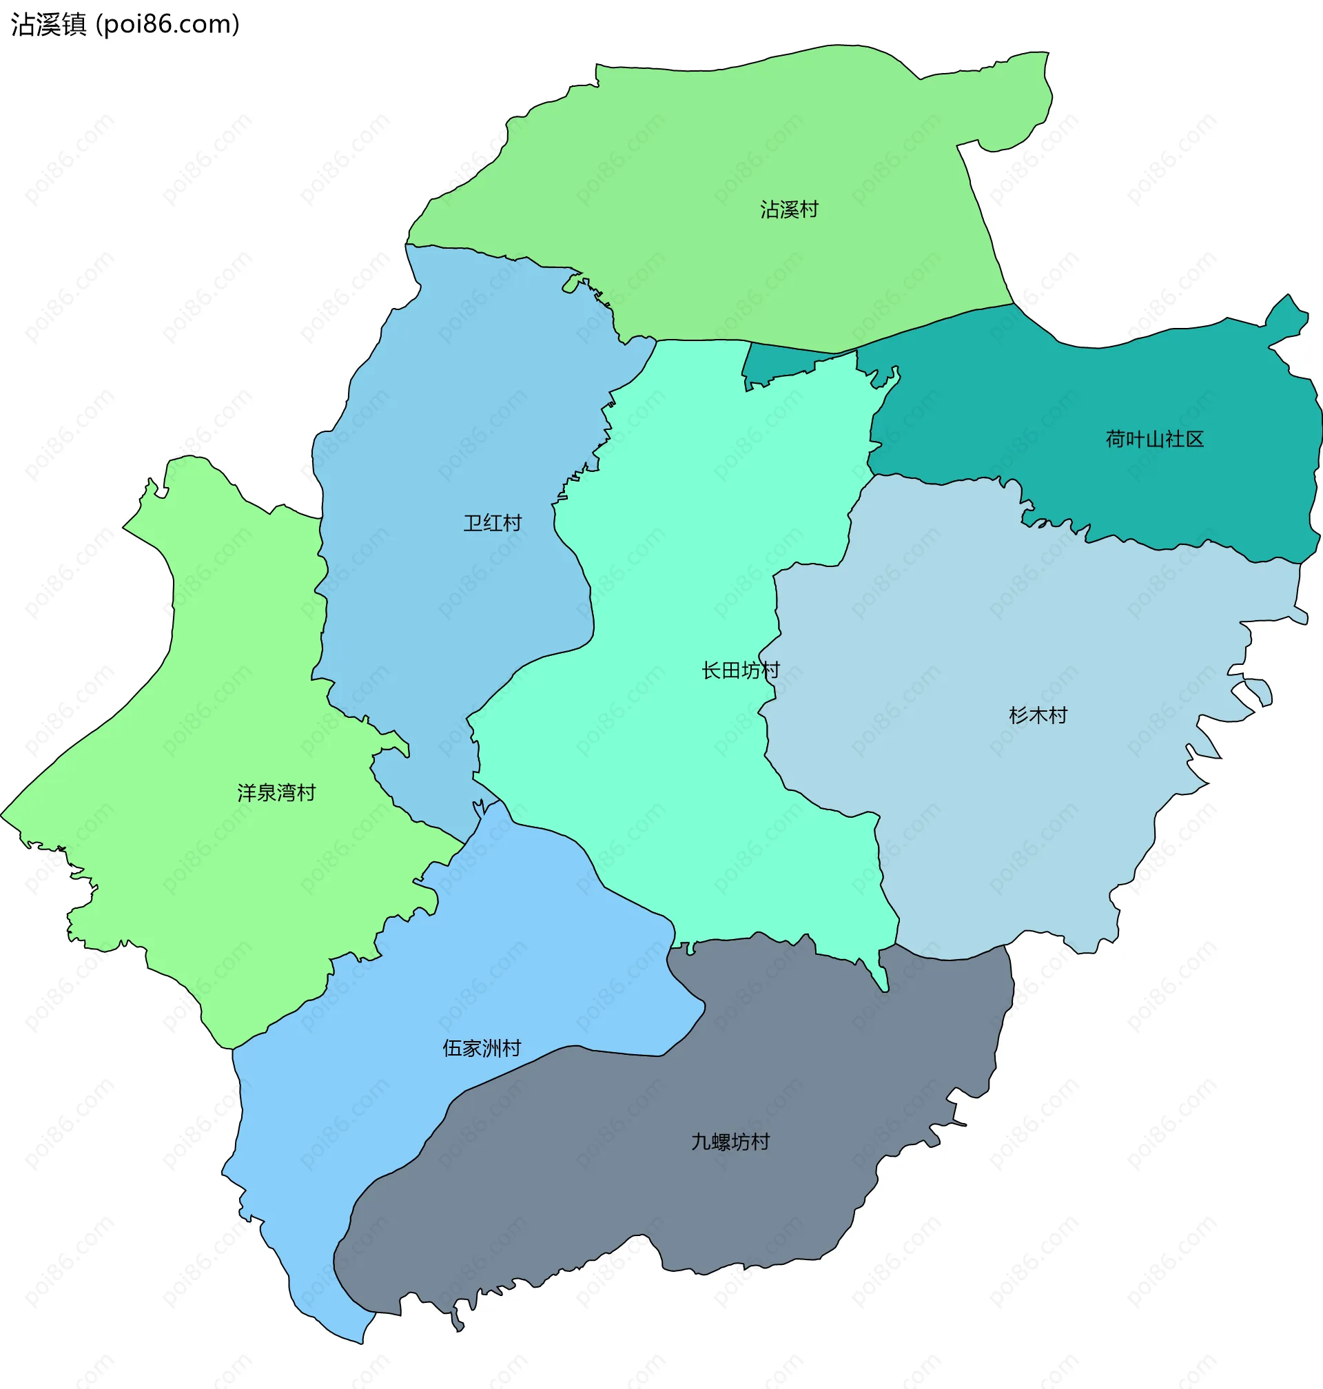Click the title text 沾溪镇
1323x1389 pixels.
pos(48,25)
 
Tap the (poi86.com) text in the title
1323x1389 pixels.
pos(168,25)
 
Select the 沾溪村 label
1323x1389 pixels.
pos(788,209)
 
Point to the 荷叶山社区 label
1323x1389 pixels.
pos(1154,440)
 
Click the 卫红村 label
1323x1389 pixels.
pos(492,523)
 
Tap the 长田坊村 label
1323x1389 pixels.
pos(741,670)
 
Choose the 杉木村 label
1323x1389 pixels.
pos(1038,716)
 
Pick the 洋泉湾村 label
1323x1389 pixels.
pos(276,793)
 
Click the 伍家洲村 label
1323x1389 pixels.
pos(482,1049)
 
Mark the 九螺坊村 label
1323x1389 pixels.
pos(730,1142)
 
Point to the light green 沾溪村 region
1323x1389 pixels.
pos(705,155)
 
